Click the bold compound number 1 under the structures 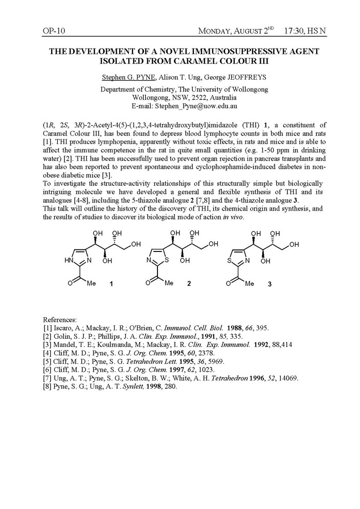coord(111,285)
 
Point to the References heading coord(60,319)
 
